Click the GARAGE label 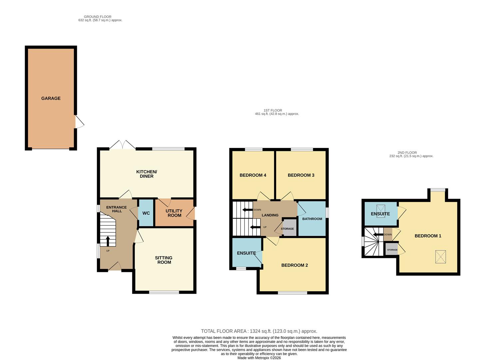click(x=51, y=98)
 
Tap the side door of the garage click(x=79, y=122)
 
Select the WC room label click(x=146, y=213)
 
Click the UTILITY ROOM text click(x=174, y=213)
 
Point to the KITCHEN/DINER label click(x=147, y=174)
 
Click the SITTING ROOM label click(x=164, y=260)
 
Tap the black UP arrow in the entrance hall click(x=108, y=241)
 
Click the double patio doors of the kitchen click(x=123, y=145)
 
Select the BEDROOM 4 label click(x=253, y=175)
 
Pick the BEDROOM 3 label click(x=301, y=175)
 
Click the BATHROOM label click(x=312, y=219)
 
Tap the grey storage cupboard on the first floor click(x=289, y=228)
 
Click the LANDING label click(x=270, y=215)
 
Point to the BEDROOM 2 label click(x=294, y=265)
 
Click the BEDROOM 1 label click(x=428, y=236)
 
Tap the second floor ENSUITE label click(x=380, y=214)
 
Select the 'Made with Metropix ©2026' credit click(x=259, y=358)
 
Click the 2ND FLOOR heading click(x=407, y=153)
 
